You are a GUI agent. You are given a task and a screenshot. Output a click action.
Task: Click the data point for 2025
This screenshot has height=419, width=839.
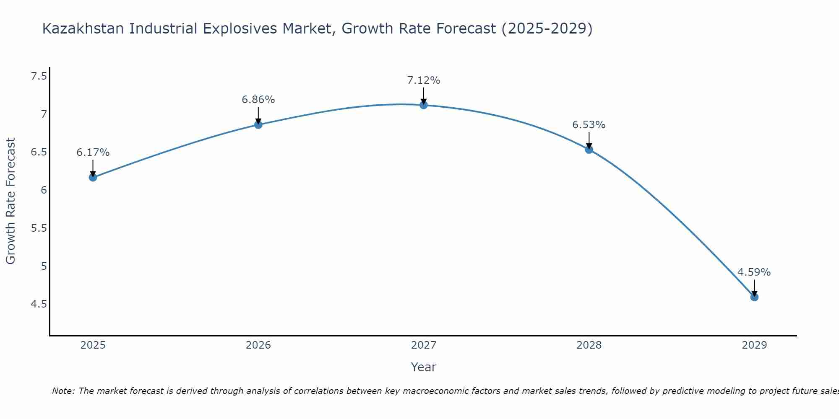coord(93,177)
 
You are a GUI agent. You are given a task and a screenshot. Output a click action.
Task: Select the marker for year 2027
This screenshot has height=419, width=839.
coord(424,105)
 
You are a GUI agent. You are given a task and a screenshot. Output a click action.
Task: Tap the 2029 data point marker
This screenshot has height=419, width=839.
coord(754,297)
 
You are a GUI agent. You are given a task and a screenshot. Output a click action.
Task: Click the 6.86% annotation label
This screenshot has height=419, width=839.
coord(258,100)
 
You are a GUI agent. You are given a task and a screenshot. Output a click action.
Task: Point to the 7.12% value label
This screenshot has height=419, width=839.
coord(424,80)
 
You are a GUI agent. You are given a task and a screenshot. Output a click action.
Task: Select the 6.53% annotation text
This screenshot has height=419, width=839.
coord(589,125)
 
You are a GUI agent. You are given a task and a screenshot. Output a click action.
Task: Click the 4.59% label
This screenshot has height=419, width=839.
coord(754,272)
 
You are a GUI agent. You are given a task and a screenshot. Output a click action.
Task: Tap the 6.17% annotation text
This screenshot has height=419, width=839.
coord(93,153)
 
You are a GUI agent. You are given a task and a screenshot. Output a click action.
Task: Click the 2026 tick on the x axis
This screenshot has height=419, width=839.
coord(258,345)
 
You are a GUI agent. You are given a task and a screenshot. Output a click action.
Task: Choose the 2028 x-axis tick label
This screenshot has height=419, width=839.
coord(589,345)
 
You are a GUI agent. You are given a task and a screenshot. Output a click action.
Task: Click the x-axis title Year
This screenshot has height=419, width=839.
coord(424,367)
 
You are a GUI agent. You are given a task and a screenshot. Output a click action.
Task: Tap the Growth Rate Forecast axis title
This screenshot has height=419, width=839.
coord(11,201)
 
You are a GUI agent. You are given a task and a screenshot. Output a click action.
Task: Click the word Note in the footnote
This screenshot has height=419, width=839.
coord(63,391)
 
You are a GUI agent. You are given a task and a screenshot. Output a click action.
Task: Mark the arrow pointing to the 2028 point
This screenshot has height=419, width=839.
coord(589,140)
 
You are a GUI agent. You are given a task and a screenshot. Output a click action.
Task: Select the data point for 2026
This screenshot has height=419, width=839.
coord(258,124)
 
